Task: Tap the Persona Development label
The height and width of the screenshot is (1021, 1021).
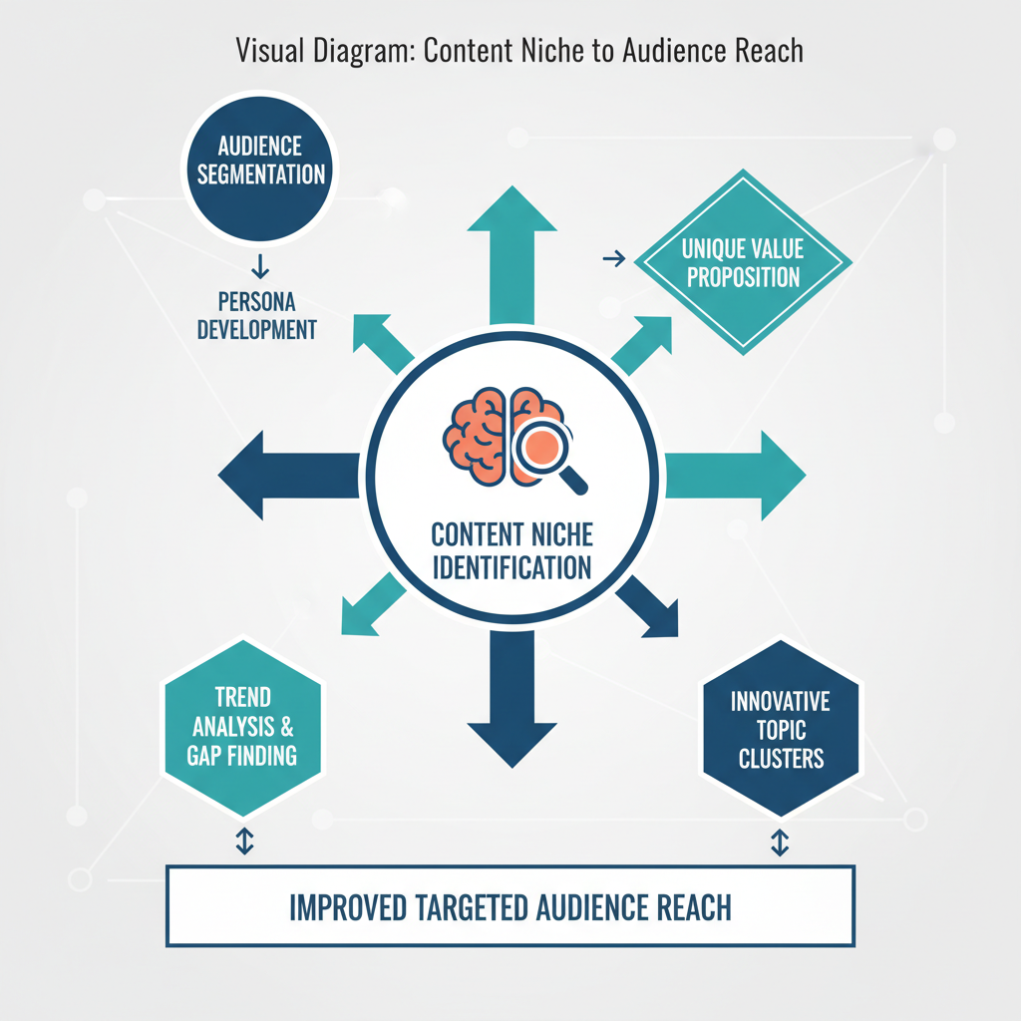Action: click(x=256, y=315)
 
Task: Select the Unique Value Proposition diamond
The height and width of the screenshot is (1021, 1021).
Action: click(x=743, y=263)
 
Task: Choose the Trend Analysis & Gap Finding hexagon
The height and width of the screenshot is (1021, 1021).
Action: click(x=241, y=726)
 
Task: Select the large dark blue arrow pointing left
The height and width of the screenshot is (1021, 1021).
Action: click(x=284, y=475)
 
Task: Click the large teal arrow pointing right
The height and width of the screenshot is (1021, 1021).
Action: click(x=738, y=475)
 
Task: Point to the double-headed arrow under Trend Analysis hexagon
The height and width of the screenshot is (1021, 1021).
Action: click(x=242, y=842)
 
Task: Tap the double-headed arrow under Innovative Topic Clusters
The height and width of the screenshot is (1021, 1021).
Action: click(x=781, y=842)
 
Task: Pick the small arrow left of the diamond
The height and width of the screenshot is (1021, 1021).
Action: click(x=614, y=259)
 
